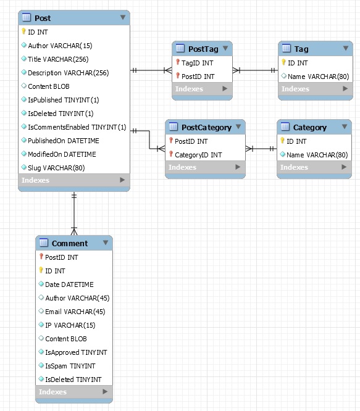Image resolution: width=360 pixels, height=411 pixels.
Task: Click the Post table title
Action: click(43, 18)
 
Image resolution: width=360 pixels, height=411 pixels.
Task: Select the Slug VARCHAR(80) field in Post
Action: click(56, 168)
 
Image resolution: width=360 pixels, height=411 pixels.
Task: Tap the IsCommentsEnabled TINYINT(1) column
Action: click(77, 127)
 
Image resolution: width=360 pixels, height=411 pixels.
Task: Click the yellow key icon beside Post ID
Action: click(23, 31)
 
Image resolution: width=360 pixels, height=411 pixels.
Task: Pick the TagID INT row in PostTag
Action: click(197, 63)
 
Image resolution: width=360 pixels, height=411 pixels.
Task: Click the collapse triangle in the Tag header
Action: click(346, 48)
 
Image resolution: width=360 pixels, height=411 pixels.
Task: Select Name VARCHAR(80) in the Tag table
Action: click(318, 77)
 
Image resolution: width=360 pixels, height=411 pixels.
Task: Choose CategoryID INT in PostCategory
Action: click(198, 155)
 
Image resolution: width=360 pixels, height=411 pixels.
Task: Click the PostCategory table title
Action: click(206, 127)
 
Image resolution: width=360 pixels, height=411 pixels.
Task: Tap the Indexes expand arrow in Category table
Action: click(344, 167)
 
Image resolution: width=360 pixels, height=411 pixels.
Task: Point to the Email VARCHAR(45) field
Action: click(75, 312)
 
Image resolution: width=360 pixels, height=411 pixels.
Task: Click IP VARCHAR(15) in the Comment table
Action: click(70, 325)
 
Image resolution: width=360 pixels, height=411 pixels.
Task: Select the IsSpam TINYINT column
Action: click(70, 366)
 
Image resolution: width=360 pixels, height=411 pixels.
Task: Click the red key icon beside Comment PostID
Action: click(41, 256)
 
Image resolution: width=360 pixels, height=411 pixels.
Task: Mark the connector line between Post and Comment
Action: click(74, 214)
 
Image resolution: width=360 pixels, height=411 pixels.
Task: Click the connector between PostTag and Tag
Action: click(255, 70)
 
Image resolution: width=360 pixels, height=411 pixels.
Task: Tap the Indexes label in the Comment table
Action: click(52, 392)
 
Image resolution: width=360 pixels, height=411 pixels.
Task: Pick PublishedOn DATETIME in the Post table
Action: click(64, 141)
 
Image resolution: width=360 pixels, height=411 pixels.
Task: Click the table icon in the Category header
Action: click(285, 127)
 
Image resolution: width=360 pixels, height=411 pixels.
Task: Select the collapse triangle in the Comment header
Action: click(106, 243)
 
